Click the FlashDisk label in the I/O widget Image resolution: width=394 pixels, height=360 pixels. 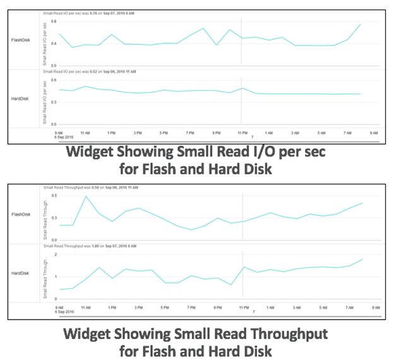21,40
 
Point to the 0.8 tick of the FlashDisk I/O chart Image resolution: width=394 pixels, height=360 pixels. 54,21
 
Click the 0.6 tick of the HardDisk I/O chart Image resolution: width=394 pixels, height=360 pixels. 54,80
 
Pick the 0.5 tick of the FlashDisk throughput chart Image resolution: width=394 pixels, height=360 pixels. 54,196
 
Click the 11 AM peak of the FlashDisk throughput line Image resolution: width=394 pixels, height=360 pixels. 86,196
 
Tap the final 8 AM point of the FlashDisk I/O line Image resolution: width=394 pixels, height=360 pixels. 360,25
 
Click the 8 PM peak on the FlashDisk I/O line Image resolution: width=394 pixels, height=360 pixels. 203,28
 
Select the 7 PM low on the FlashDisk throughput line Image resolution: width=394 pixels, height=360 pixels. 191,230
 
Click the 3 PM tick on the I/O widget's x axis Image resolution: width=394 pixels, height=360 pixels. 137,133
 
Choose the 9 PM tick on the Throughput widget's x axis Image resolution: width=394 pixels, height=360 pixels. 217,308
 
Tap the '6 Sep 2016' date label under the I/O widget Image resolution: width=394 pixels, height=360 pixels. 64,137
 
